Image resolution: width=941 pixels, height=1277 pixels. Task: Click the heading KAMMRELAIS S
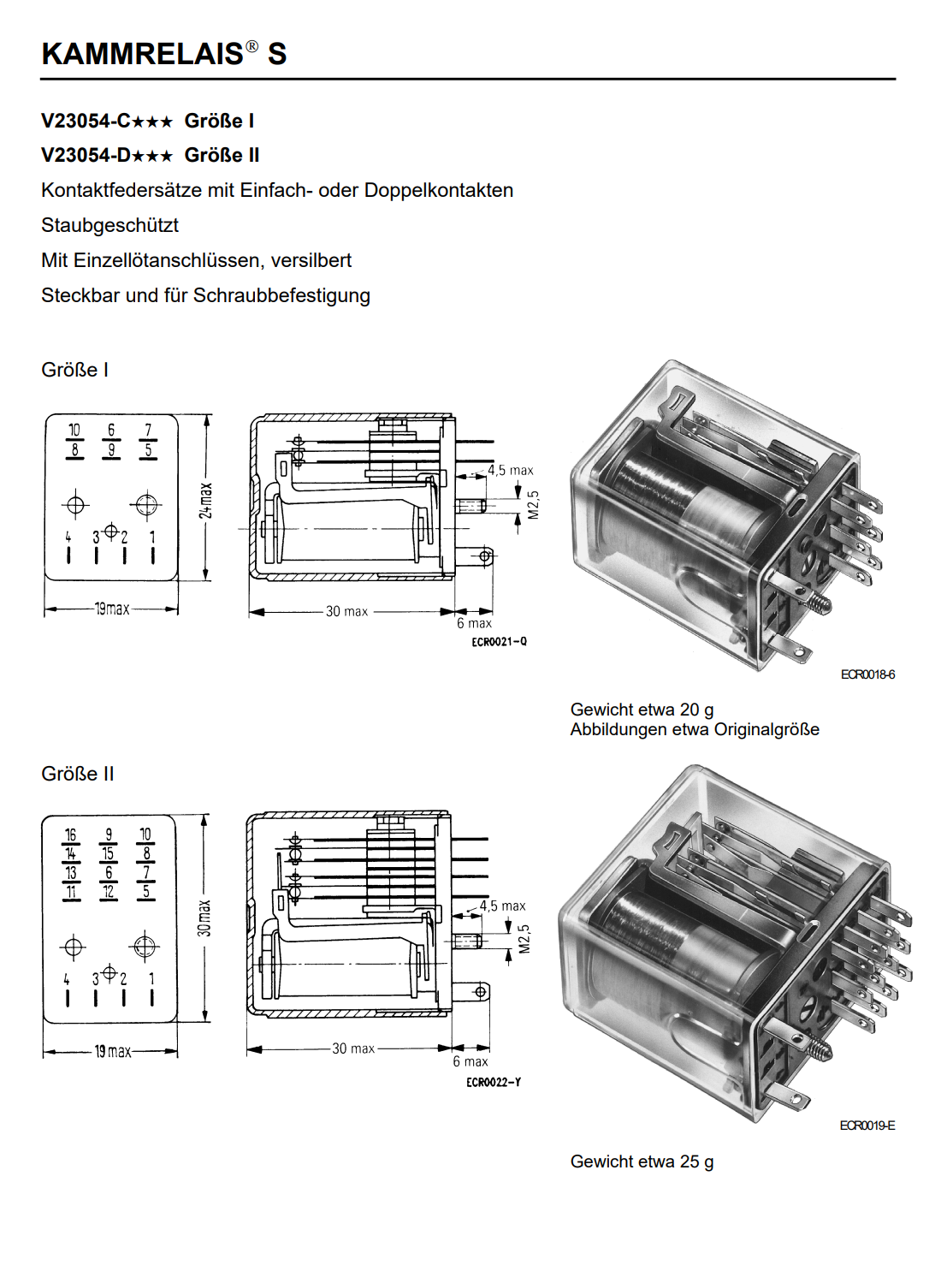tap(163, 54)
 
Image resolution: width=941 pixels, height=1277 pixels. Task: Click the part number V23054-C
tap(86, 122)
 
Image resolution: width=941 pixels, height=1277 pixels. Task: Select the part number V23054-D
tap(86, 156)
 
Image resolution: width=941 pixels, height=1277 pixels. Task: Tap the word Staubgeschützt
tap(109, 225)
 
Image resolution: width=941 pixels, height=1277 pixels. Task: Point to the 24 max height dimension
tap(205, 500)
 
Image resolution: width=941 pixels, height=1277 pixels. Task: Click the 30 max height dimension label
tap(204, 918)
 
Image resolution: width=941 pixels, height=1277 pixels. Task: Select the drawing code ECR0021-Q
tap(499, 642)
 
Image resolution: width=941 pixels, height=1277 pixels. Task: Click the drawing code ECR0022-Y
tap(494, 1083)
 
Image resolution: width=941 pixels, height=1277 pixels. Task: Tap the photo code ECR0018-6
tap(867, 675)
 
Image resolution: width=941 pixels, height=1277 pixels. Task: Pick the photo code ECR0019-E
tap(867, 1126)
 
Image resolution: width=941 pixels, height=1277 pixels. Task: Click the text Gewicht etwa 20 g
tap(642, 710)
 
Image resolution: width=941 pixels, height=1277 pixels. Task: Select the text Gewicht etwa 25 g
tap(642, 1161)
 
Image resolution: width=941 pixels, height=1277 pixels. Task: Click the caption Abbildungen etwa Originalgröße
tap(695, 729)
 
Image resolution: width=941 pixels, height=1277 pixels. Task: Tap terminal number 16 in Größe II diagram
tap(70, 835)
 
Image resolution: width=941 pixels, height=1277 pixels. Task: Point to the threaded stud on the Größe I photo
tap(820, 604)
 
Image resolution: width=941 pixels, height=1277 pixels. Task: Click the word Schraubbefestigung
tap(281, 295)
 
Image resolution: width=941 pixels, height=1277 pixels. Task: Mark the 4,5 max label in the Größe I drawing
tap(510, 470)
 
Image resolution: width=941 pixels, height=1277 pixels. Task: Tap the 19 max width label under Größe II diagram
tap(112, 1051)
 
